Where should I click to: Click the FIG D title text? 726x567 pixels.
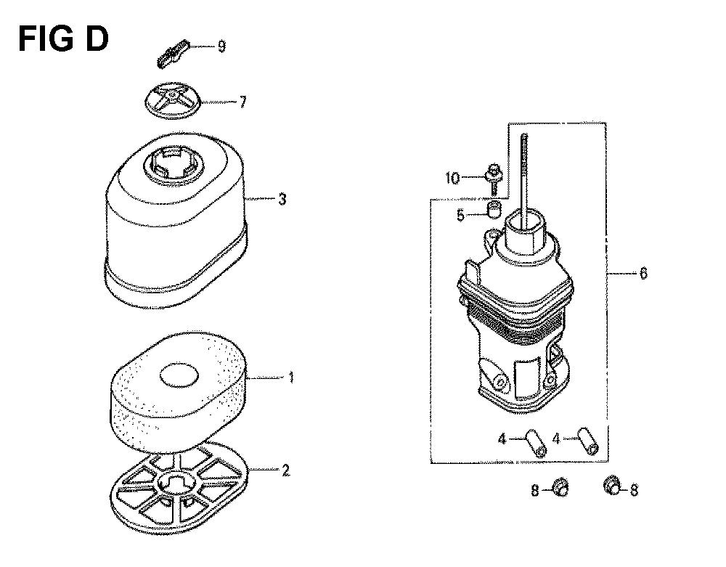63,39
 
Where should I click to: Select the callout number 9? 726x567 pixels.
221,46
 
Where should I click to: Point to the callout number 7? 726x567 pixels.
242,102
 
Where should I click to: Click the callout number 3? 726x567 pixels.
282,200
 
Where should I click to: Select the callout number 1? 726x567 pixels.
291,378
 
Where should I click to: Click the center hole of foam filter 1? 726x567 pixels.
179,375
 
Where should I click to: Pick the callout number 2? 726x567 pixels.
285,470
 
